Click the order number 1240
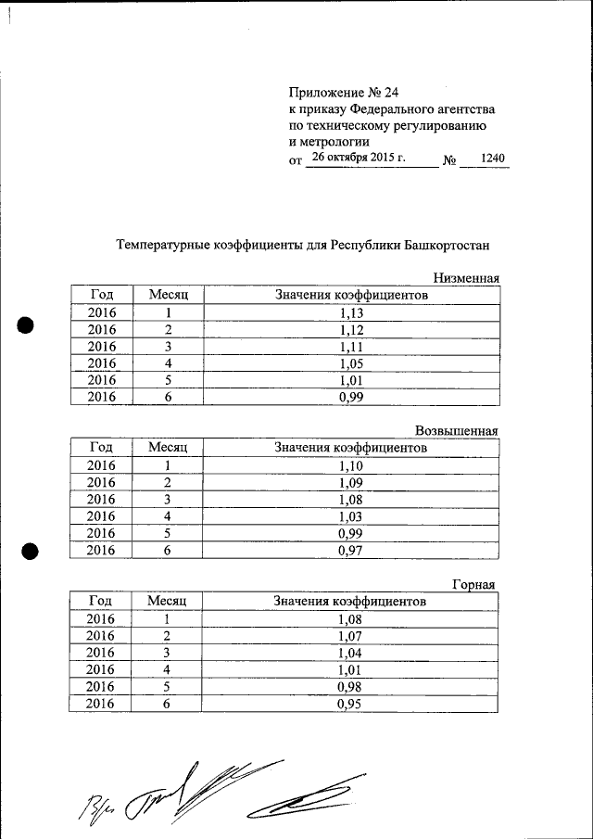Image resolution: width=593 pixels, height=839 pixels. point(493,159)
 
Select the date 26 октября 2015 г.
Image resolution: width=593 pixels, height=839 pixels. point(359,158)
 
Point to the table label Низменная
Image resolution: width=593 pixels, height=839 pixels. point(466,278)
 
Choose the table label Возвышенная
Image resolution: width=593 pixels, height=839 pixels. point(457,431)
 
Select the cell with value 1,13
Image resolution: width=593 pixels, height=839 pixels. point(350,313)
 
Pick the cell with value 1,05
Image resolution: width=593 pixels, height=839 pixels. point(350,363)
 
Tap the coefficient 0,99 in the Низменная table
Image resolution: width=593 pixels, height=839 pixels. point(350,397)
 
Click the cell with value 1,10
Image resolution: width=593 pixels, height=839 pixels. point(350,466)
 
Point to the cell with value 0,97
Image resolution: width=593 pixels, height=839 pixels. point(350,551)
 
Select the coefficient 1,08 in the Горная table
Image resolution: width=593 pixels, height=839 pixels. point(350,619)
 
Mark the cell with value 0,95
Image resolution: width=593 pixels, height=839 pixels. point(350,704)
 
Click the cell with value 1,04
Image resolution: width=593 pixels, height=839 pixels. point(350,653)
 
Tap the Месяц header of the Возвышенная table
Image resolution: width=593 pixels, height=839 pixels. point(168,448)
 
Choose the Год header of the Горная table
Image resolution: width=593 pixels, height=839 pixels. point(100,602)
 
